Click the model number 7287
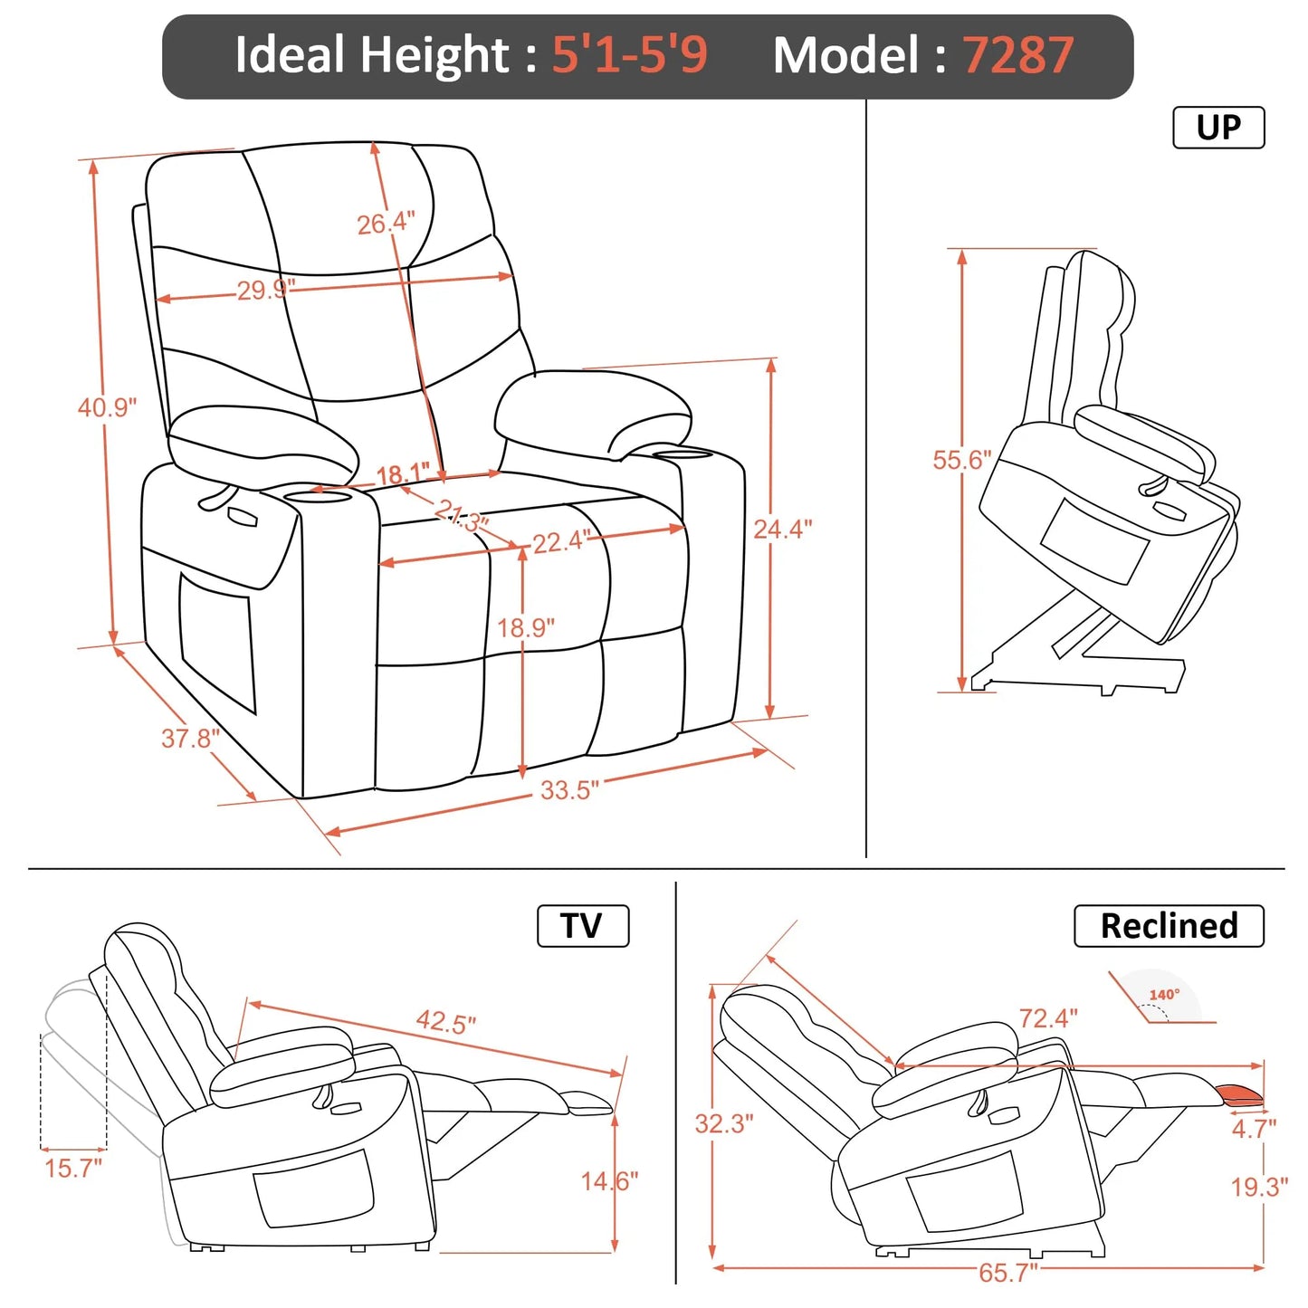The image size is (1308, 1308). click(1017, 55)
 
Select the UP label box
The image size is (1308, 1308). click(1217, 128)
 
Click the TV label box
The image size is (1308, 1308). click(582, 926)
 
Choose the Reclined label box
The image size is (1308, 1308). click(1168, 926)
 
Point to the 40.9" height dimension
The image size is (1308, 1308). click(107, 407)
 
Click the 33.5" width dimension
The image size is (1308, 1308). click(569, 790)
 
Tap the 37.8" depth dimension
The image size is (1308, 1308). click(190, 739)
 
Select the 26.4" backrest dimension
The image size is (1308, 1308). click(386, 223)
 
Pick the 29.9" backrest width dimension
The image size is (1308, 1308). click(265, 291)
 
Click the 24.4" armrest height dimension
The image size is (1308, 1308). click(783, 529)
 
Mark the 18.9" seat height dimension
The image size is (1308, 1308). click(526, 627)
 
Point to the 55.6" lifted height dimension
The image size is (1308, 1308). click(962, 460)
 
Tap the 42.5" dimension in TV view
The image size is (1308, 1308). click(445, 1022)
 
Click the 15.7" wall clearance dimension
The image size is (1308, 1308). click(73, 1168)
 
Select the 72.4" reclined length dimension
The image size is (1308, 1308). click(1048, 1018)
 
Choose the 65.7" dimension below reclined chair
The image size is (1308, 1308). click(1007, 1273)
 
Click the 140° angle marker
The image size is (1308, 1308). click(1164, 996)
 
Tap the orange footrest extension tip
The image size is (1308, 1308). click(1242, 1095)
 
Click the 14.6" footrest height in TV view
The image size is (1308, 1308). click(609, 1181)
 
